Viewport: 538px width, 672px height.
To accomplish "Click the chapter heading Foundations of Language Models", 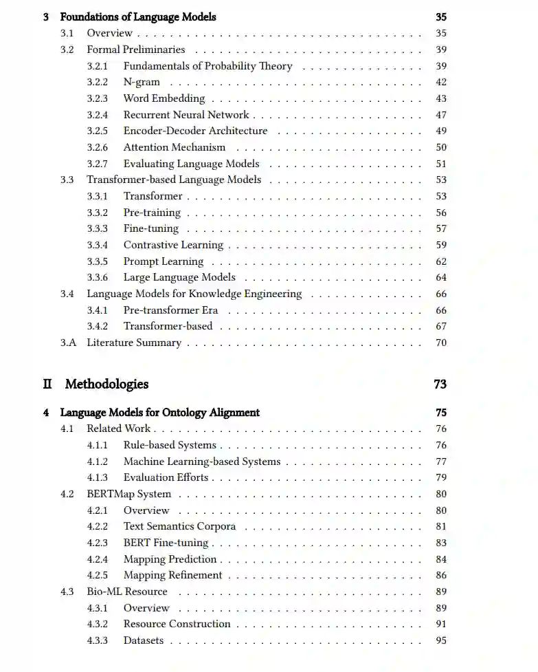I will (x=137, y=17).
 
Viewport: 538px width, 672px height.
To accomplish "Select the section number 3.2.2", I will (x=97, y=83).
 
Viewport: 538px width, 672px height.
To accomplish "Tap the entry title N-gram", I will (x=142, y=83).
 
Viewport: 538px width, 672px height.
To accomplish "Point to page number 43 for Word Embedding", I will (x=441, y=99).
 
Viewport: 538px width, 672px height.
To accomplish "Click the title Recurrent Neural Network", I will (x=186, y=115).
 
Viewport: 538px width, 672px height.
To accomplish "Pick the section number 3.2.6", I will (x=97, y=147).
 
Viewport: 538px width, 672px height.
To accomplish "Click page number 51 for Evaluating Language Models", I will (x=441, y=164).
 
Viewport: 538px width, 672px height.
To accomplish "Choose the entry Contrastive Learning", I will (x=173, y=245).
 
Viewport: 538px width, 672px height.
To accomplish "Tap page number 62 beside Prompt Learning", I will (x=441, y=261).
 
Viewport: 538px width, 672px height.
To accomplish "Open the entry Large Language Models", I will (x=179, y=278).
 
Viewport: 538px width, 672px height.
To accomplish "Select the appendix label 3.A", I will (x=68, y=343).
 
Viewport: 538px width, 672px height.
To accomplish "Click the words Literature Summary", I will (x=134, y=343).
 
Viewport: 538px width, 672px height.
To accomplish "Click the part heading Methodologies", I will (x=107, y=384).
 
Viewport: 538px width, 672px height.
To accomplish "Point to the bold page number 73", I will (x=440, y=384).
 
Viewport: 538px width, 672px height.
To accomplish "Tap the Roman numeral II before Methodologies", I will (x=47, y=384).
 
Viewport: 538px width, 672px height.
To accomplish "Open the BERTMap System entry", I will (x=129, y=494).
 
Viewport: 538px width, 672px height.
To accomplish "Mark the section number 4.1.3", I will (x=97, y=477).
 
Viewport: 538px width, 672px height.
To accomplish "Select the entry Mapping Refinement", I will (x=173, y=575).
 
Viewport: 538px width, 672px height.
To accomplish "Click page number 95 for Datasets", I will (x=441, y=640).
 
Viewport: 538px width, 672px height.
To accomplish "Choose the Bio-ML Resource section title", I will (x=127, y=592).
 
